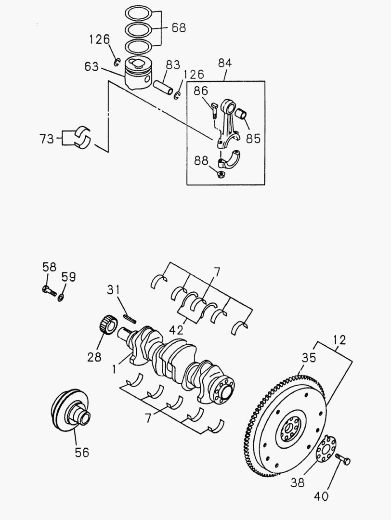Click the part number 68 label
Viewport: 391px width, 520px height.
coord(178,27)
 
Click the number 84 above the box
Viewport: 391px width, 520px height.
coord(225,63)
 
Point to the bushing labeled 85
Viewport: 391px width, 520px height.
coord(242,116)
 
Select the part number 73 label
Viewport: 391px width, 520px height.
coord(48,139)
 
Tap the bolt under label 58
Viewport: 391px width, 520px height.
coord(49,291)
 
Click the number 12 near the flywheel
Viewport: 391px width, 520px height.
coord(339,340)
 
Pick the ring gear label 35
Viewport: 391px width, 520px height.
coord(309,358)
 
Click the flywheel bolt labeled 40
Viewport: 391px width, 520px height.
coord(343,459)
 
